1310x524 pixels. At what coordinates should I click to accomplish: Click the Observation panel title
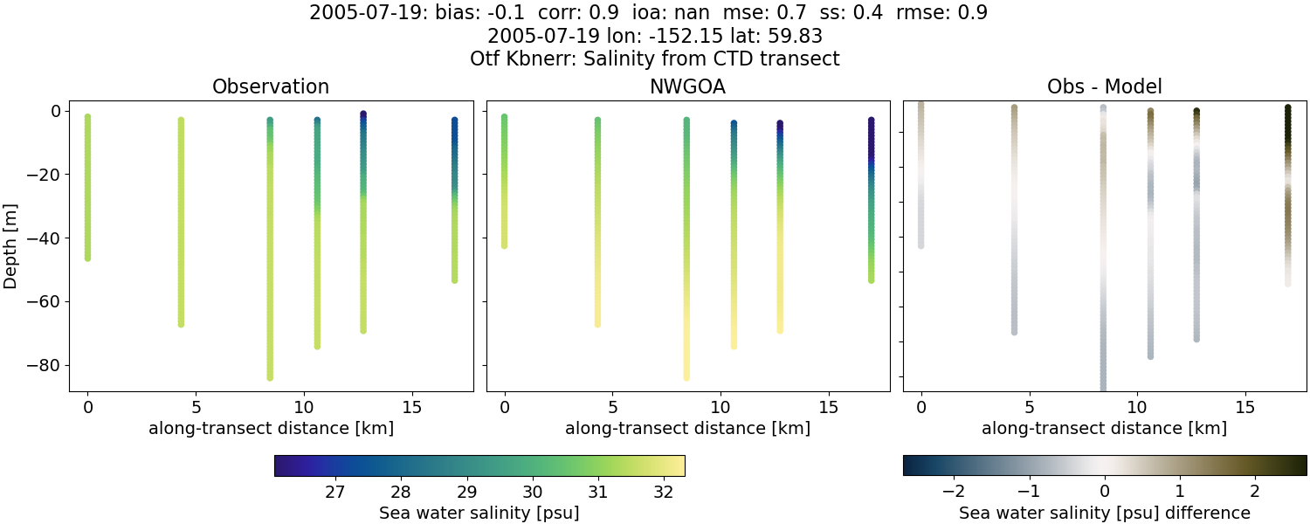[x=271, y=87]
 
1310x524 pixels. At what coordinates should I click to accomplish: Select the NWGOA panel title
[x=687, y=87]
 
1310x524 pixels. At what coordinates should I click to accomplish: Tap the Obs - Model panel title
[x=1104, y=87]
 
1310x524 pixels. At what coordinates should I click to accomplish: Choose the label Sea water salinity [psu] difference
[x=1104, y=513]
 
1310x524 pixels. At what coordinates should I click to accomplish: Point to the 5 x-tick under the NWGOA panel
[x=613, y=407]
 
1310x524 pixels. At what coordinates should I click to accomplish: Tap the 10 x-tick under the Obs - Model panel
[x=1137, y=407]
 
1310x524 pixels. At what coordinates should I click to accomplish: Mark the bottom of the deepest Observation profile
[x=270, y=377]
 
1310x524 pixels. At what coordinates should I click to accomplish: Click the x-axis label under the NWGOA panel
[x=687, y=428]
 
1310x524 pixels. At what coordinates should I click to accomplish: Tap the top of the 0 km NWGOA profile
[x=504, y=117]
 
